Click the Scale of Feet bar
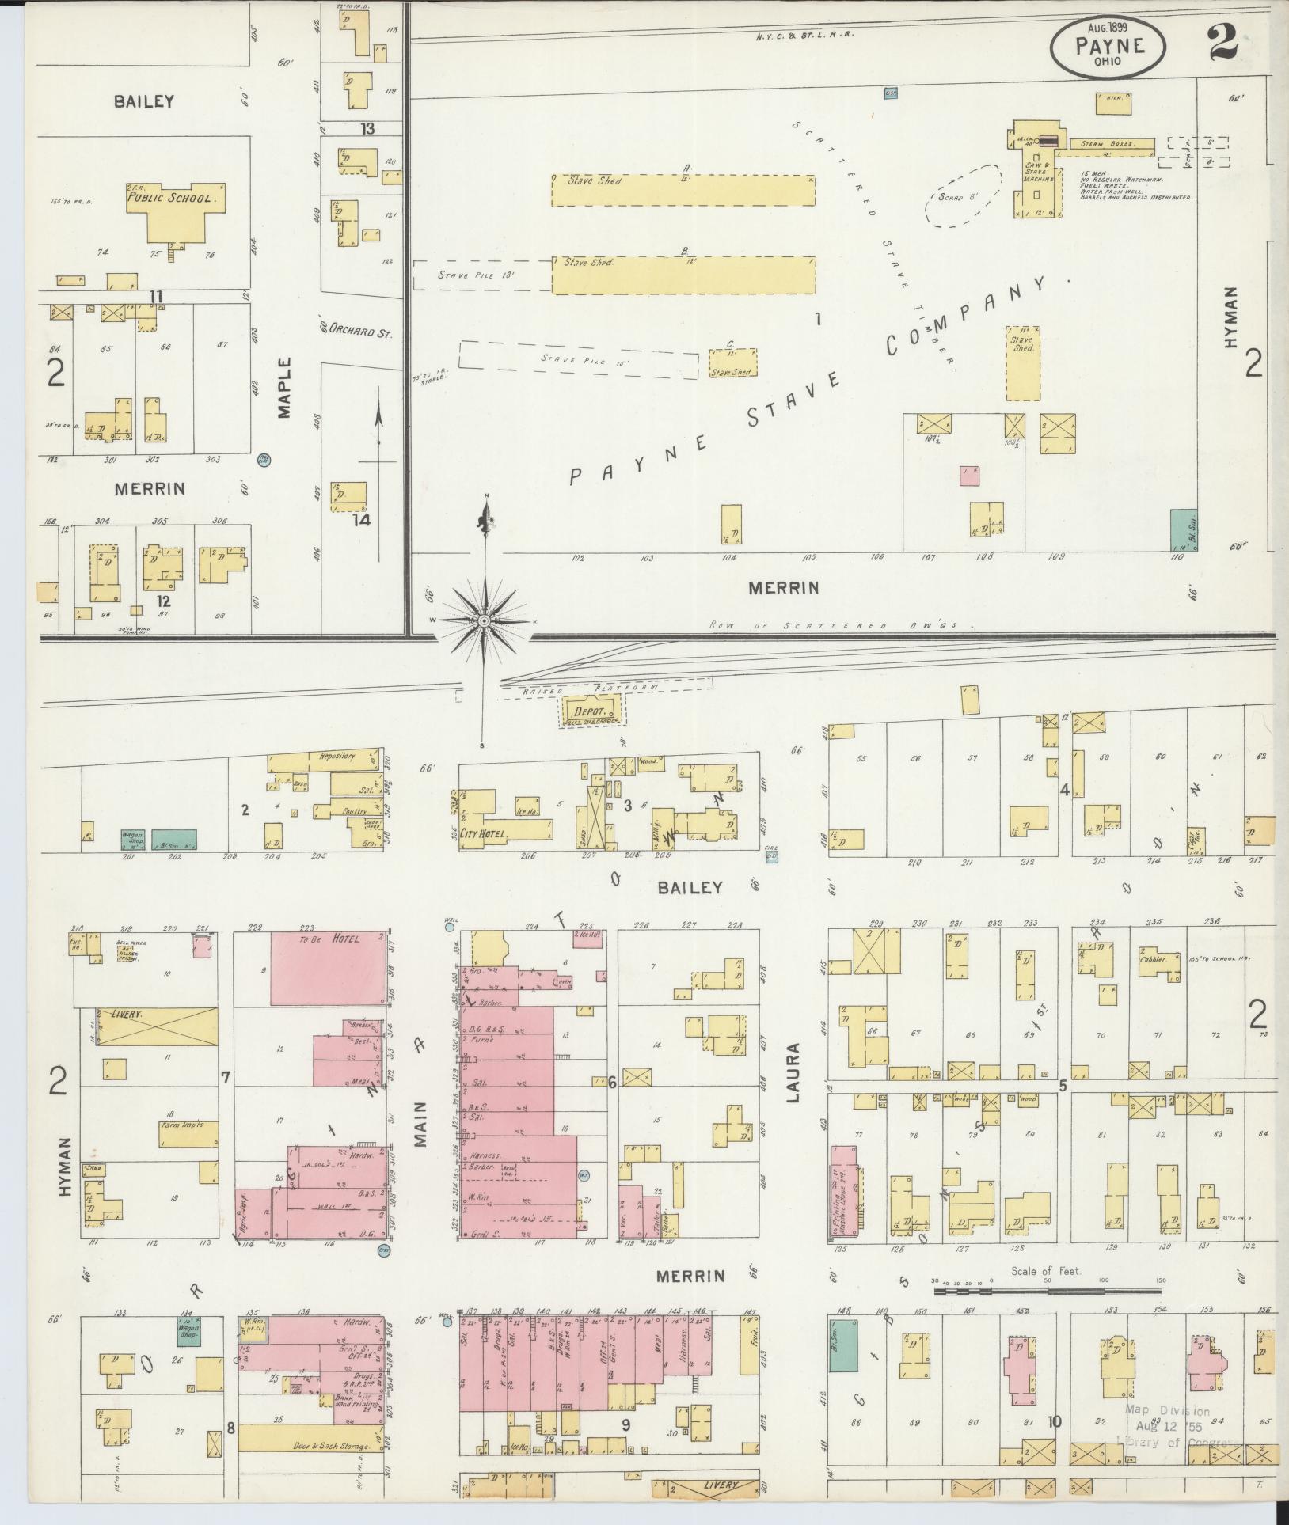1049,1291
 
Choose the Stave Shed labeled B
683,275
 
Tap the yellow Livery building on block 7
156,1026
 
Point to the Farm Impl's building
188,1133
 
